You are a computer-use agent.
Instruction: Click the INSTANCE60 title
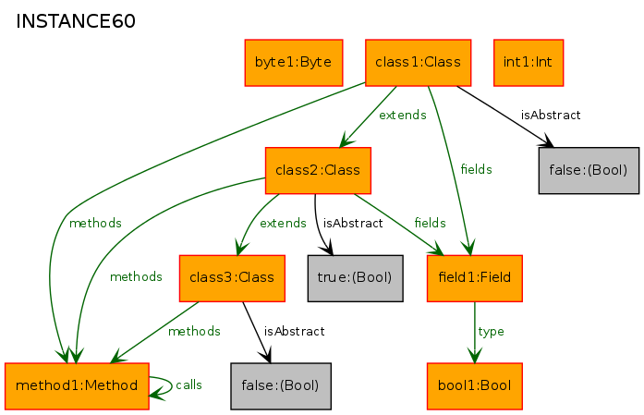(x=76, y=21)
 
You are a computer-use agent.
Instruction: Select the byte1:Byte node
(x=294, y=63)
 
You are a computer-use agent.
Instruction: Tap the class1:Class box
(x=419, y=63)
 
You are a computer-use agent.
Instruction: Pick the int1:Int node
(x=529, y=63)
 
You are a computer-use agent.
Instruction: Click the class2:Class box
(x=318, y=170)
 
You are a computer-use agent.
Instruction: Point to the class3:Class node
(x=232, y=278)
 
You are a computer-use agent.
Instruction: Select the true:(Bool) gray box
(x=356, y=278)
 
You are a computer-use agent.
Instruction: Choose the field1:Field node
(x=474, y=278)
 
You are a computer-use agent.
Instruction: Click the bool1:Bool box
(x=474, y=386)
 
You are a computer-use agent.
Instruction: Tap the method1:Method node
(x=77, y=386)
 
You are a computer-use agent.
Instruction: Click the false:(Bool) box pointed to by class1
(x=589, y=170)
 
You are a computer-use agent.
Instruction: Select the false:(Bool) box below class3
(x=281, y=386)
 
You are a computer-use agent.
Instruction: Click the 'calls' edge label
(x=188, y=385)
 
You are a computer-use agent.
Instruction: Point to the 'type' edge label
(x=491, y=332)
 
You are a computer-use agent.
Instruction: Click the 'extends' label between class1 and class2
(x=403, y=115)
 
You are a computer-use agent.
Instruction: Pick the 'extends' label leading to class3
(x=283, y=223)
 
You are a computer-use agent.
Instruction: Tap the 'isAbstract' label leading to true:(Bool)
(x=353, y=223)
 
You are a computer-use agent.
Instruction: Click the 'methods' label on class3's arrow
(x=194, y=331)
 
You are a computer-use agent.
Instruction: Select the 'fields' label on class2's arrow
(x=430, y=223)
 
